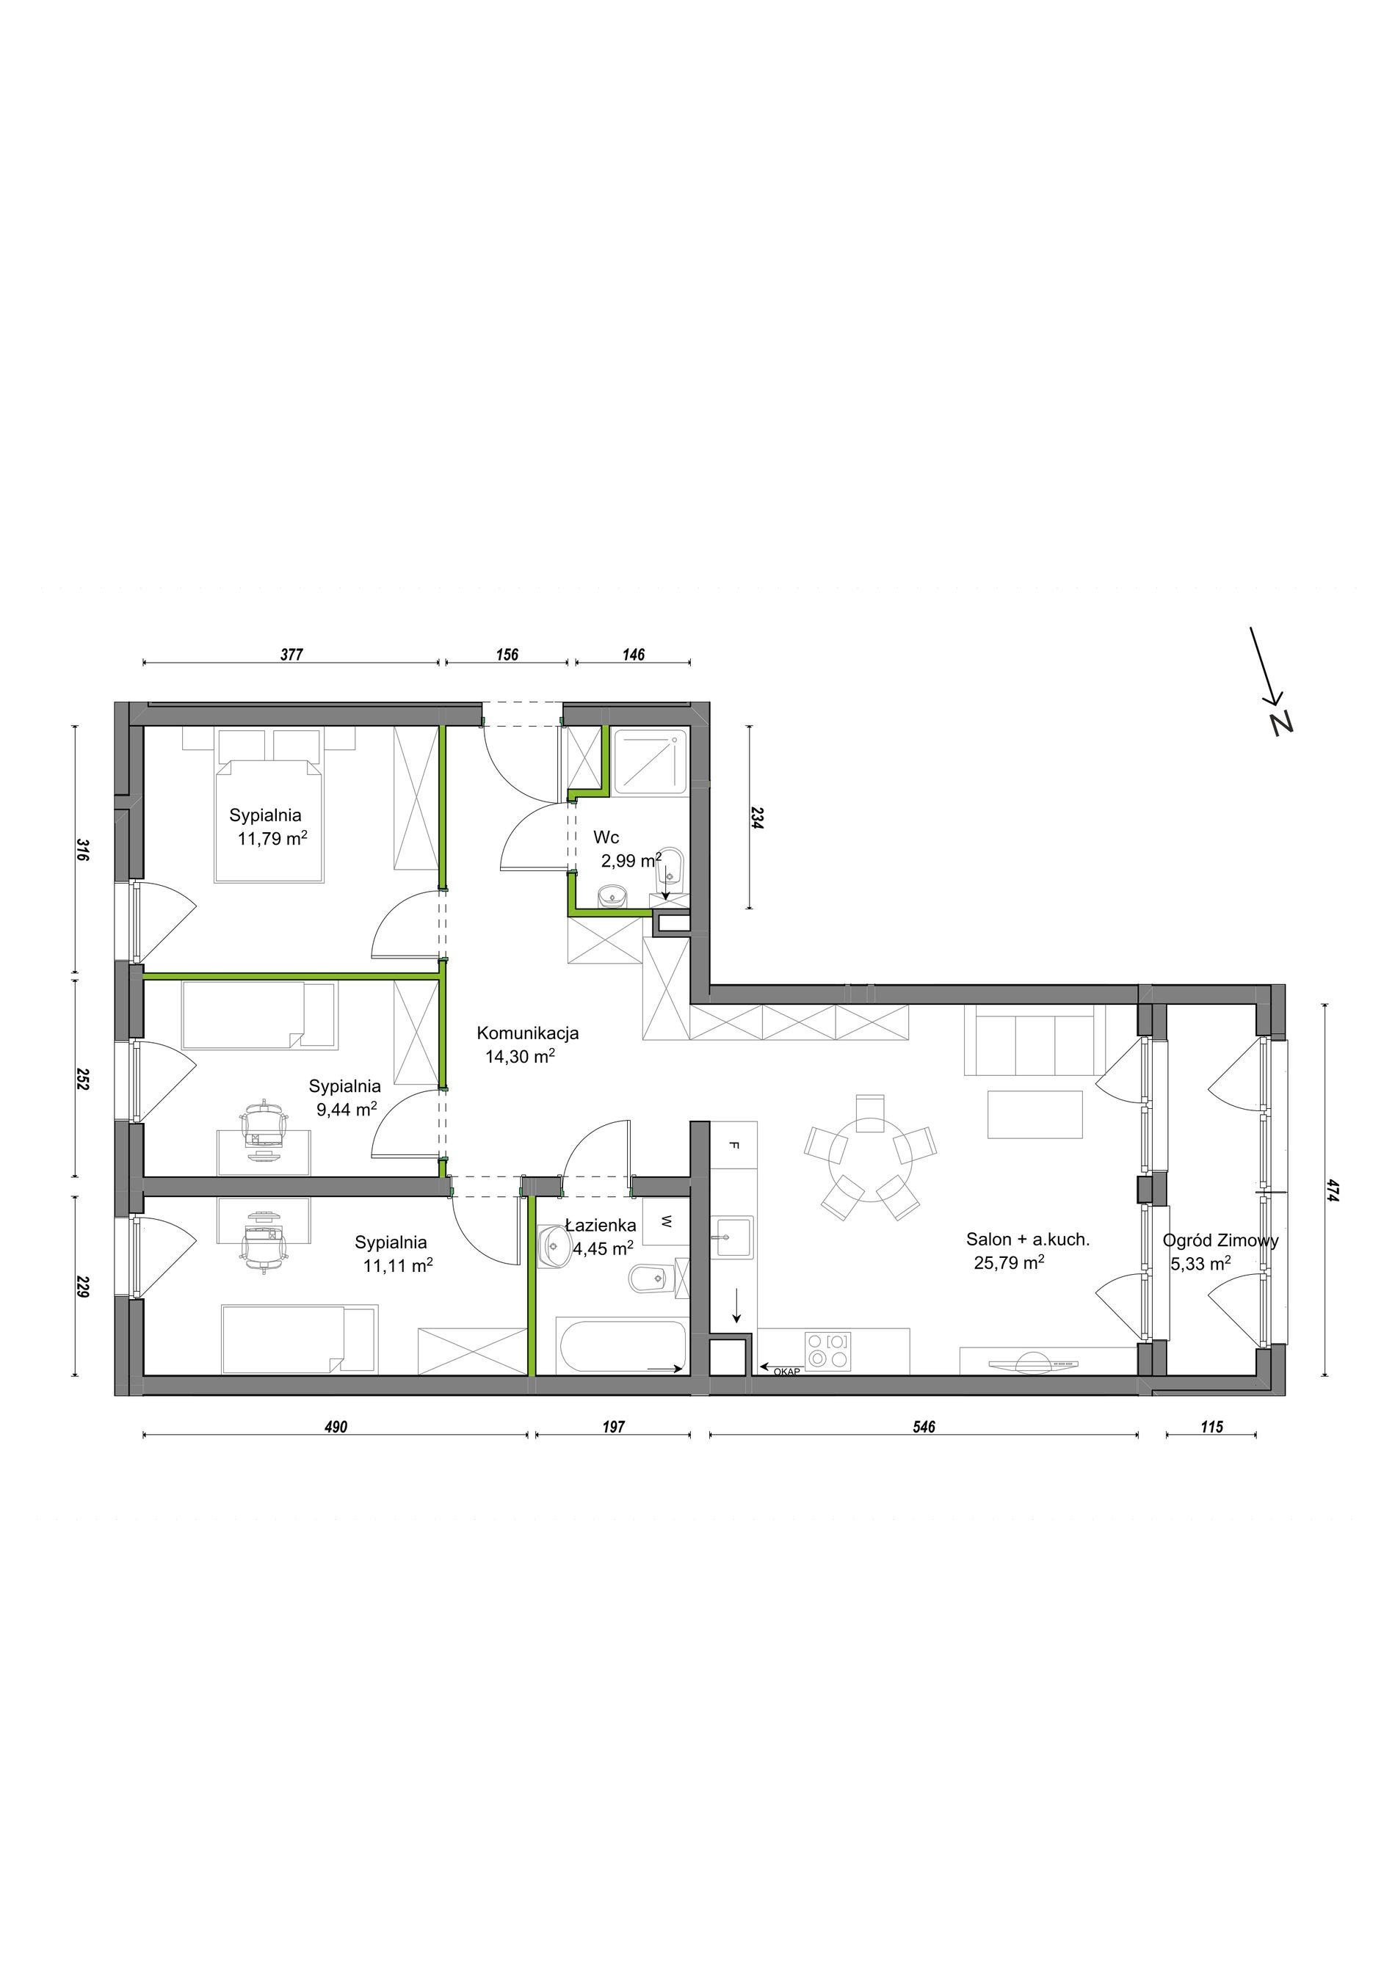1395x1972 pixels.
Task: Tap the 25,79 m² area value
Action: click(x=1010, y=1262)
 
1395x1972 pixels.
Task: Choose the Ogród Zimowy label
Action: click(x=1220, y=1240)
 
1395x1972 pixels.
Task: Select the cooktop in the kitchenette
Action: click(x=828, y=1350)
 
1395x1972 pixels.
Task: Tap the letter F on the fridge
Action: click(x=733, y=1145)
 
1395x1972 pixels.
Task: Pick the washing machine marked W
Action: click(x=667, y=1220)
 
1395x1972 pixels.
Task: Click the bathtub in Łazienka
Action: click(x=622, y=1347)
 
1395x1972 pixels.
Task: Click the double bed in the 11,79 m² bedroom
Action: click(x=269, y=819)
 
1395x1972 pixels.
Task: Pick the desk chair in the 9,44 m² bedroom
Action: click(x=264, y=1123)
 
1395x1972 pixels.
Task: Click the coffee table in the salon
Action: click(x=1035, y=1114)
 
